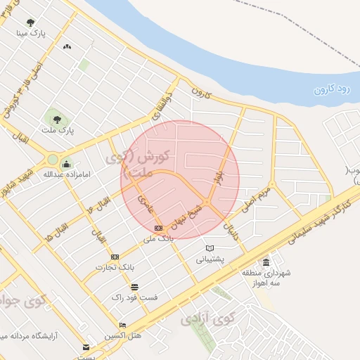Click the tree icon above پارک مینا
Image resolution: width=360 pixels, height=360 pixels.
click(31, 22)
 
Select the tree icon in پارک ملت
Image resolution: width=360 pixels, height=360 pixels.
click(55, 116)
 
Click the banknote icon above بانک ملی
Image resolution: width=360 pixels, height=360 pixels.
click(159, 228)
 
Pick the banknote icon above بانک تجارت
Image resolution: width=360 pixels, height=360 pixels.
click(115, 257)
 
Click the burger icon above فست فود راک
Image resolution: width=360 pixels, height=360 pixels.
click(134, 286)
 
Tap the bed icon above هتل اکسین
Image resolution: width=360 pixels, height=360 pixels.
click(123, 325)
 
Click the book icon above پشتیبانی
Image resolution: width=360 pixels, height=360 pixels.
click(209, 247)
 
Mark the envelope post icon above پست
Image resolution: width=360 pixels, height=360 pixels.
click(86, 347)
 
